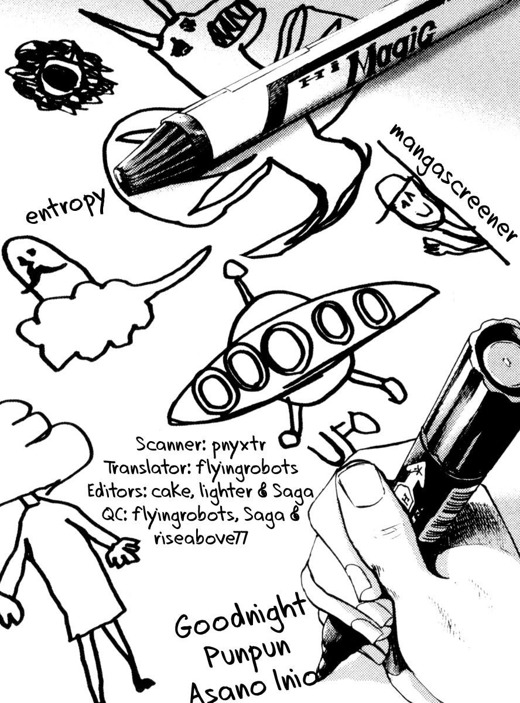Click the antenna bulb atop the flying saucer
coord(235,269)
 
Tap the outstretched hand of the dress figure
coord(124,551)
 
